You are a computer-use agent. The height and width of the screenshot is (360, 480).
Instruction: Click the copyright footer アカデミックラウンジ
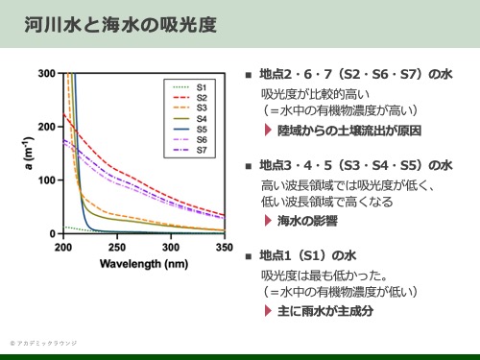pyautogui.click(x=45, y=342)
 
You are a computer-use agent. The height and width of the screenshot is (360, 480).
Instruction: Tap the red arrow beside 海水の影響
pyautogui.click(x=269, y=221)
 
